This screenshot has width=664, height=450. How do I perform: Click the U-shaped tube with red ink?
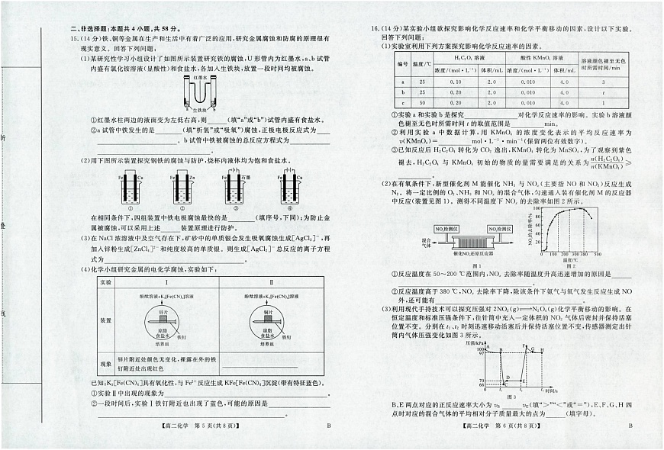(201, 93)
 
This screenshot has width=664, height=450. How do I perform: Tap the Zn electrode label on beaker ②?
(192, 178)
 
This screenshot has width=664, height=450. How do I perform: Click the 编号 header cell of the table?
(403, 63)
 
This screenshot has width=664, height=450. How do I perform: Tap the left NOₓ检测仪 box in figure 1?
(446, 228)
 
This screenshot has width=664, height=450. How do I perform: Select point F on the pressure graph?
(524, 348)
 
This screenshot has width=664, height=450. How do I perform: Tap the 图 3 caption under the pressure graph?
(511, 397)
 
